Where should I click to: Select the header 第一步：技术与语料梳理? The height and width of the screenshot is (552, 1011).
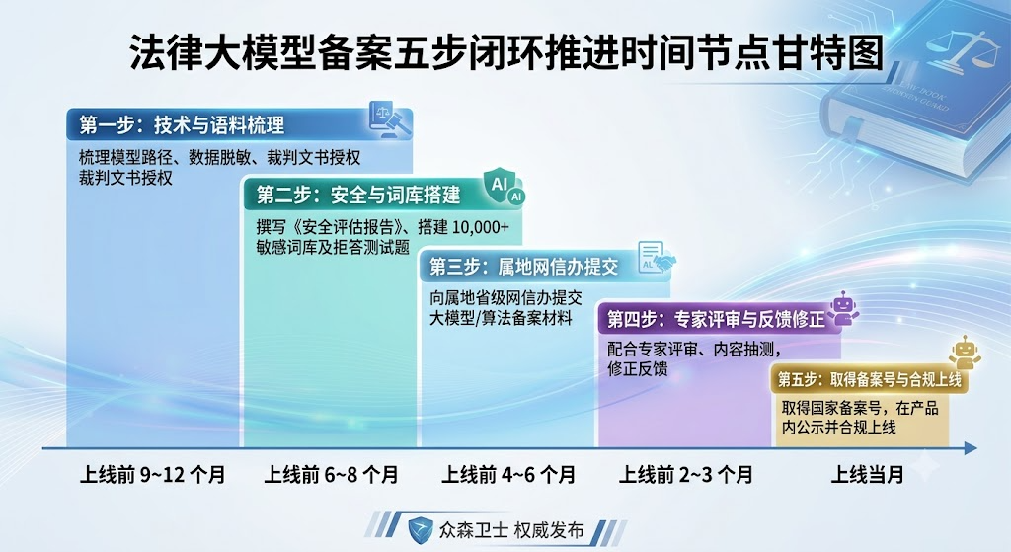182,124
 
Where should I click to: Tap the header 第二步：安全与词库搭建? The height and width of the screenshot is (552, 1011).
358,195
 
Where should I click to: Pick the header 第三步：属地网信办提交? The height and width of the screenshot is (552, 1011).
523,267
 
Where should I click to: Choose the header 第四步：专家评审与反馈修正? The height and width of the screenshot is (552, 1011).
716,319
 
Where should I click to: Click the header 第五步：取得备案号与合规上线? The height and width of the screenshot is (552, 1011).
869,379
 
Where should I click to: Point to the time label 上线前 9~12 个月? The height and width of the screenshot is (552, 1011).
152,475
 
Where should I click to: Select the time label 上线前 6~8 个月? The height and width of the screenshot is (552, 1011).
332,475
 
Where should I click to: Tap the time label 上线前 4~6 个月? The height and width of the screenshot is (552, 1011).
508,475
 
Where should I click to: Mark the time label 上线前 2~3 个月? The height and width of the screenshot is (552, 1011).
685,475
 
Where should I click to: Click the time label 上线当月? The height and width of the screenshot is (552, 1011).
867,475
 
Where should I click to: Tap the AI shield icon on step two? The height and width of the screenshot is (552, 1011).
505,187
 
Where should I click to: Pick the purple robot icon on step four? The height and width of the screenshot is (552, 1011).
842,307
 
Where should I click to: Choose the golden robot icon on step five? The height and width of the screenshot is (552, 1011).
965,353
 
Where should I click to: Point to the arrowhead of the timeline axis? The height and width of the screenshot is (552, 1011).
972,448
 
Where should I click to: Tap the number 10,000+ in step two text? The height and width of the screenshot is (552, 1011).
481,228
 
